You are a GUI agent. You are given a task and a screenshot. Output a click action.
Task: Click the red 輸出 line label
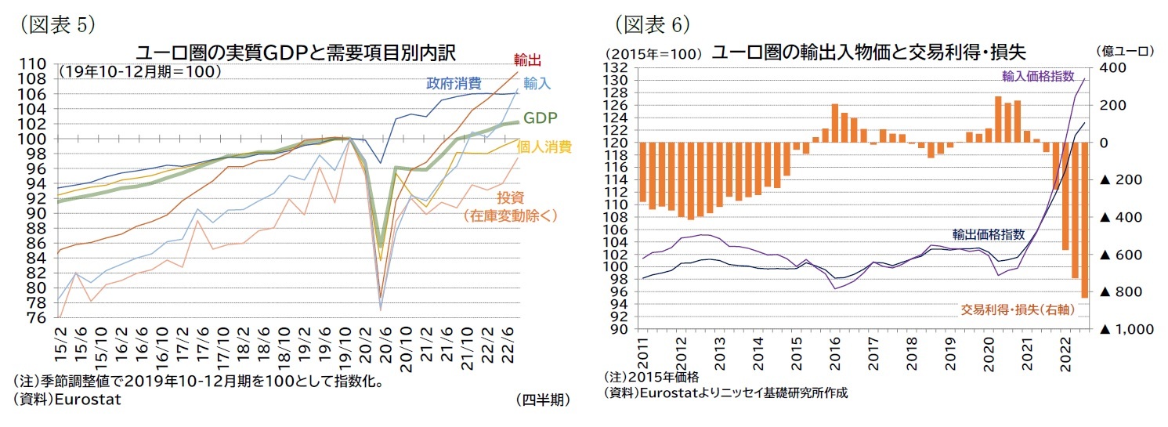527,60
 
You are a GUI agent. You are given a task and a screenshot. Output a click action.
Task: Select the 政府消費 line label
454,84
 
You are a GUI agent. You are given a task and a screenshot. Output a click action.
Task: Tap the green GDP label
540,118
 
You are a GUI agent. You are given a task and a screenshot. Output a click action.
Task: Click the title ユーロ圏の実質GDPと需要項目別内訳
296,52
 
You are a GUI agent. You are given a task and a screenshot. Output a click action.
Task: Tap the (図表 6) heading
652,25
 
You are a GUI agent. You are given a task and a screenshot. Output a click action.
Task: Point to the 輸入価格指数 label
1037,76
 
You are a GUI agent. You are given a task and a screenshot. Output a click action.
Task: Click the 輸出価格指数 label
988,233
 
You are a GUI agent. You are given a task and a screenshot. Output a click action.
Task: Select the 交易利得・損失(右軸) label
1017,309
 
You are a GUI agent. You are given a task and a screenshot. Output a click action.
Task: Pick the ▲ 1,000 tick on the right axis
1126,329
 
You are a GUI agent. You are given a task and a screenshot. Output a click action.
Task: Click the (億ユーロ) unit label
1126,51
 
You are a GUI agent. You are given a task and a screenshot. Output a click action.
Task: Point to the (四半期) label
542,400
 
